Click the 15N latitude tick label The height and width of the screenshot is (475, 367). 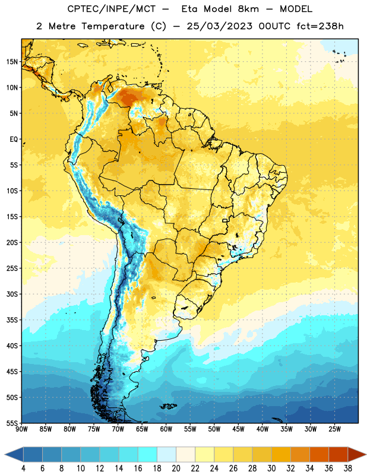(12, 62)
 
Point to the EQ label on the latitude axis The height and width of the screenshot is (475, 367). (14, 140)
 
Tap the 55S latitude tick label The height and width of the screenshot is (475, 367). (12, 423)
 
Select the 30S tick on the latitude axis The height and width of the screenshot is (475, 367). (12, 294)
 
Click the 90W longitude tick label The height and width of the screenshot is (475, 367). (21, 429)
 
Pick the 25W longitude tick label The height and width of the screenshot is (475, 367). (334, 429)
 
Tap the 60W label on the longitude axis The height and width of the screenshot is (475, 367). (166, 429)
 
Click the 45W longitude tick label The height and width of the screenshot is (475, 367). (239, 429)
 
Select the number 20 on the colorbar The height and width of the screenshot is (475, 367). (176, 468)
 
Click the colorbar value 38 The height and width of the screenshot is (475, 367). (348, 468)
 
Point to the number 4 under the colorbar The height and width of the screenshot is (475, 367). (23, 468)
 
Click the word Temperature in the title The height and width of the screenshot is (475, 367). (113, 26)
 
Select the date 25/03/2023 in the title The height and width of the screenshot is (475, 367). (219, 26)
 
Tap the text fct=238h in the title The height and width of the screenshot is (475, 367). (320, 26)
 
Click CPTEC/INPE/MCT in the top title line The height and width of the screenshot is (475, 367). (111, 9)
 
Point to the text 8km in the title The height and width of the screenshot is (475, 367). (248, 9)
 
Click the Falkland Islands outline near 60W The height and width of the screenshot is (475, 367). (169, 406)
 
